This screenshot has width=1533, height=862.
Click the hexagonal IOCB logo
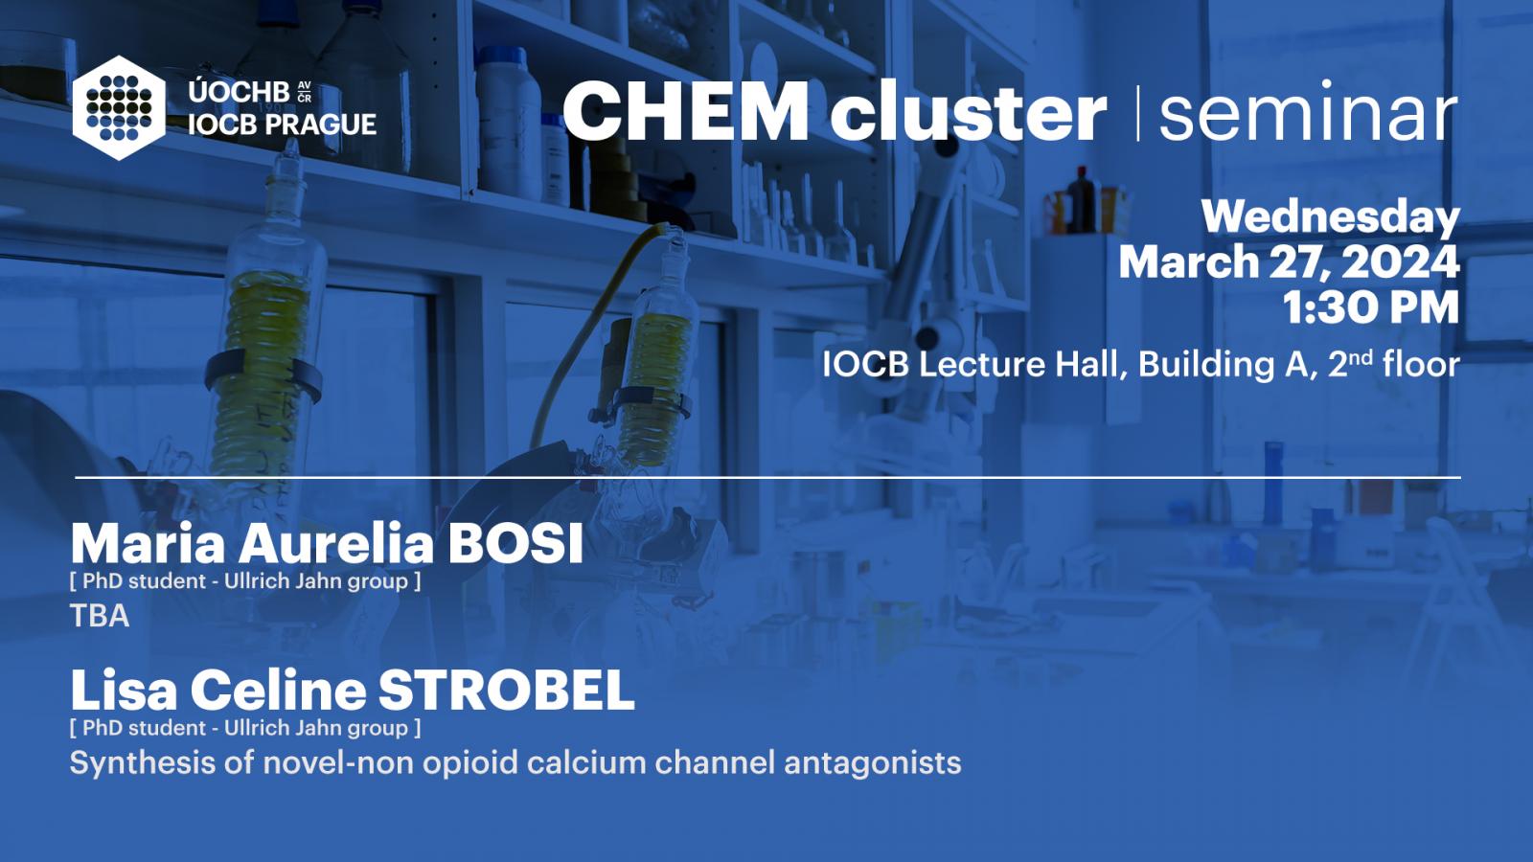click(119, 108)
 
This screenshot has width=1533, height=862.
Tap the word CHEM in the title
click(686, 111)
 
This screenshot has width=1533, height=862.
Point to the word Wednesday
click(1331, 217)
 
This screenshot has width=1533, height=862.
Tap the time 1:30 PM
click(1371, 307)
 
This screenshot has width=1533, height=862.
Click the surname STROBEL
click(507, 691)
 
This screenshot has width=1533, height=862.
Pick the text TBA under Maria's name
click(100, 616)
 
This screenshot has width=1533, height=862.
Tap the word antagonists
click(873, 763)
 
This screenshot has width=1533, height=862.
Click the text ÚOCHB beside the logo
click(239, 92)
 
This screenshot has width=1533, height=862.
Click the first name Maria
click(148, 545)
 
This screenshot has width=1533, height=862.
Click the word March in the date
click(1189, 262)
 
